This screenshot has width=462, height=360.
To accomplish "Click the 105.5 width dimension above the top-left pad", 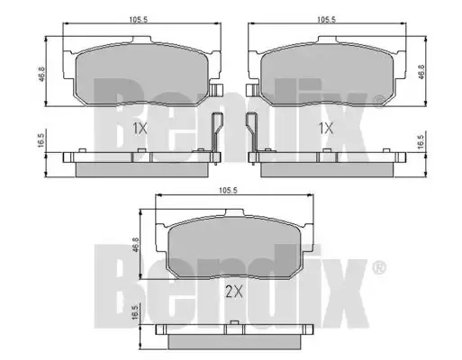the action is pos(139,20).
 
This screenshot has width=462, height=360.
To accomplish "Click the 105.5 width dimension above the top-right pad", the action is pos(326,20).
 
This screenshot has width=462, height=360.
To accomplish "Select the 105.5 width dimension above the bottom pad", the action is pos(228,190).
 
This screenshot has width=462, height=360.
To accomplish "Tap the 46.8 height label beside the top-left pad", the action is pos(41,74).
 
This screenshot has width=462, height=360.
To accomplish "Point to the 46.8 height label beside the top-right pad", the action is pos(421,72).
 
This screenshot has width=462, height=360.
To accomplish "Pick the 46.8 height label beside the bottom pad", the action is pos(135,245).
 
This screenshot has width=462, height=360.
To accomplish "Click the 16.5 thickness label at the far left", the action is pos(41,140).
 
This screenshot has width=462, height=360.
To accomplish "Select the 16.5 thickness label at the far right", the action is pos(421,141).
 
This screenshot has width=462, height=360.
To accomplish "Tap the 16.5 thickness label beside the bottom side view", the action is pos(135,313).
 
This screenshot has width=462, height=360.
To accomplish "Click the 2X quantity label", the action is pos(234,292).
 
